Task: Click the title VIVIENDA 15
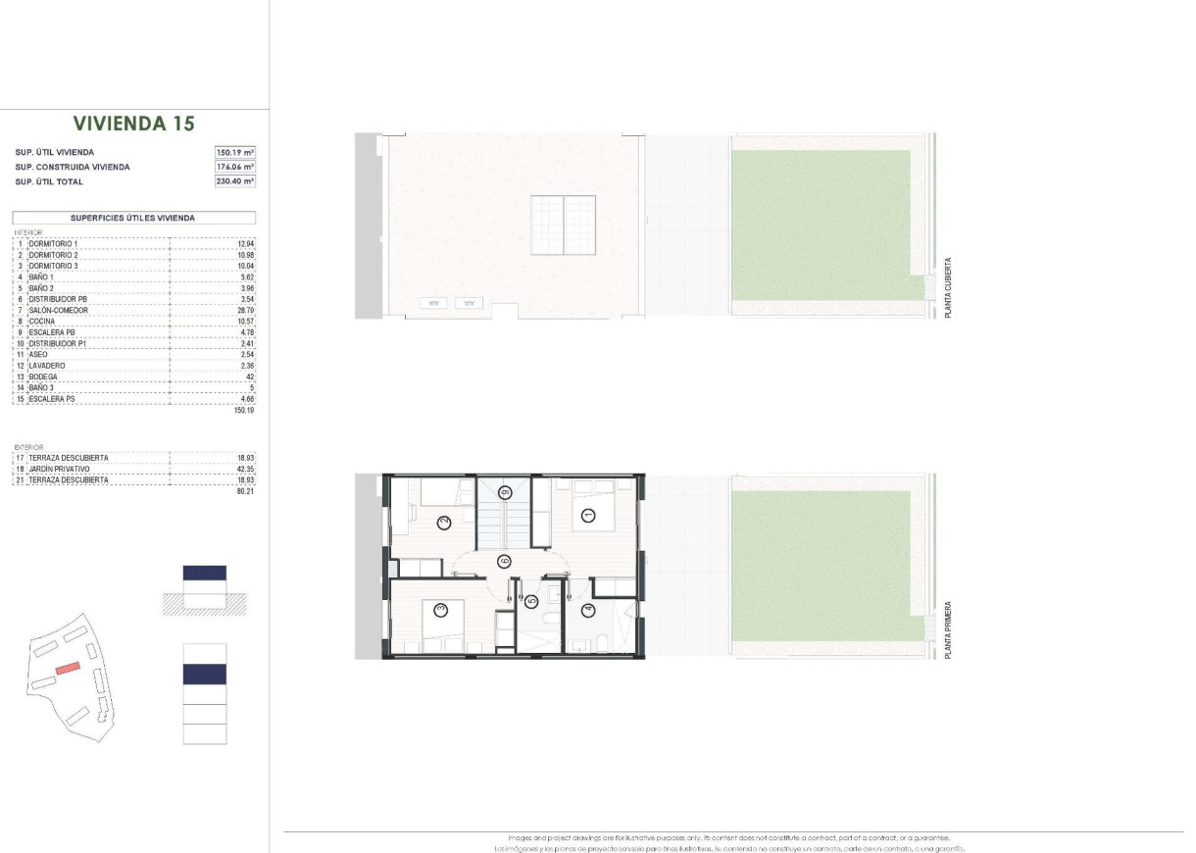click(134, 124)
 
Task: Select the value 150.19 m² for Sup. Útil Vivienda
click(235, 153)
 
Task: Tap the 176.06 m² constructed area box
click(235, 167)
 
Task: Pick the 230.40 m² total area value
click(235, 181)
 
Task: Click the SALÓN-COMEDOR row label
click(59, 311)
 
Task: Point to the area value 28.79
click(245, 311)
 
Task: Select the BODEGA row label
click(43, 376)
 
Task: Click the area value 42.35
click(245, 469)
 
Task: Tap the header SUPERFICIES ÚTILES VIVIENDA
click(133, 218)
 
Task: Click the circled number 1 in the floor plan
click(588, 515)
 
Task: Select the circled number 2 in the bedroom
click(444, 522)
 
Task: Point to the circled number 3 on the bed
click(441, 610)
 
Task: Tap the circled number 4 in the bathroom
click(588, 611)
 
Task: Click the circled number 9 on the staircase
click(506, 492)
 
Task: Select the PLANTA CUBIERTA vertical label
click(948, 288)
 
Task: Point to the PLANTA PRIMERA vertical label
click(948, 629)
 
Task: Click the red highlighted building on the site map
click(67, 668)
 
